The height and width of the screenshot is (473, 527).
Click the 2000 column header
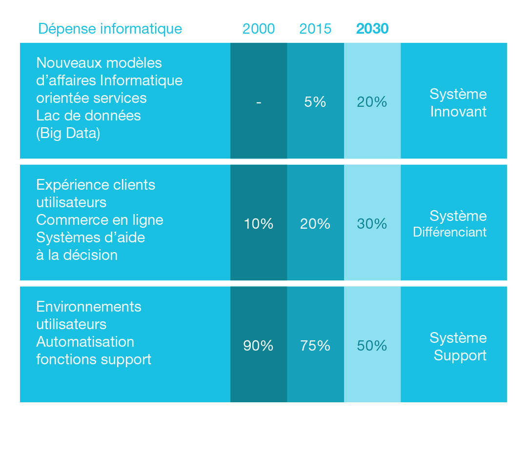click(259, 29)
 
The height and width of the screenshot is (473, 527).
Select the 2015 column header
click(315, 29)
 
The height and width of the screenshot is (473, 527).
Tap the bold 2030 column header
click(372, 29)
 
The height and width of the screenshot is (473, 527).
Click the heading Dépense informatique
click(110, 29)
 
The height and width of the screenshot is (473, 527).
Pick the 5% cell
click(315, 102)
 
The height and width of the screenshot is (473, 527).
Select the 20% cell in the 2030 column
click(372, 102)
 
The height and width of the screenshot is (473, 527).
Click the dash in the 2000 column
click(259, 102)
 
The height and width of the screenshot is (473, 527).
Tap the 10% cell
click(259, 224)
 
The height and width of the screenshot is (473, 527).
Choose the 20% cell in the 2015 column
click(315, 224)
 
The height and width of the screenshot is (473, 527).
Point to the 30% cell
click(372, 224)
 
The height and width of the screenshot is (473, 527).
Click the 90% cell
click(259, 346)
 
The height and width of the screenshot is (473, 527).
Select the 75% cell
click(315, 346)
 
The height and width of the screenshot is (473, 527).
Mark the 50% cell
click(372, 346)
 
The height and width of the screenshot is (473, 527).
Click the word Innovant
click(458, 112)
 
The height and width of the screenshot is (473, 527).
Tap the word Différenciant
click(449, 232)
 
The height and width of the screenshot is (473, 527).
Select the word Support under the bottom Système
click(460, 355)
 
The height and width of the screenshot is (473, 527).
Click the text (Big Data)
click(68, 133)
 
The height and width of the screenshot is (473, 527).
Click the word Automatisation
click(85, 342)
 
